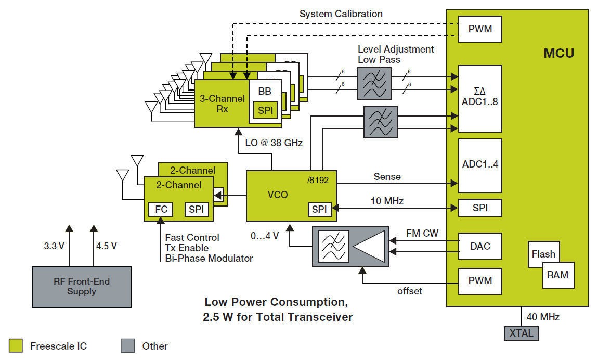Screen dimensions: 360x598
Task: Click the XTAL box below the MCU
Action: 521,333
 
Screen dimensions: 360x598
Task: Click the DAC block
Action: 480,246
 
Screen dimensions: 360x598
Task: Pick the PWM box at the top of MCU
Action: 480,29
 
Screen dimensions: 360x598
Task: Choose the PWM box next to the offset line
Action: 480,281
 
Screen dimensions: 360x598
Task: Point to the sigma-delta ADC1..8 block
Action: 480,98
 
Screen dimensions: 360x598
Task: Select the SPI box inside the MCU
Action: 480,208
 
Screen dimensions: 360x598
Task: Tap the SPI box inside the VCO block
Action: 319,209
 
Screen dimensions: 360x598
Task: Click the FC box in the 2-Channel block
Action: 161,209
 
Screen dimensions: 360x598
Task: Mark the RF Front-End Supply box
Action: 82,287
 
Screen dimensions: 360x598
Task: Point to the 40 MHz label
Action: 543,317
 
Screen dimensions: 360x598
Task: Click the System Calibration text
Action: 341,14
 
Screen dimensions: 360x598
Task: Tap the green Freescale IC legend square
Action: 16,345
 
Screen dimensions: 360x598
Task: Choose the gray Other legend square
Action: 127,345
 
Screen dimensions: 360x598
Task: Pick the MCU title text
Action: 558,53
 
